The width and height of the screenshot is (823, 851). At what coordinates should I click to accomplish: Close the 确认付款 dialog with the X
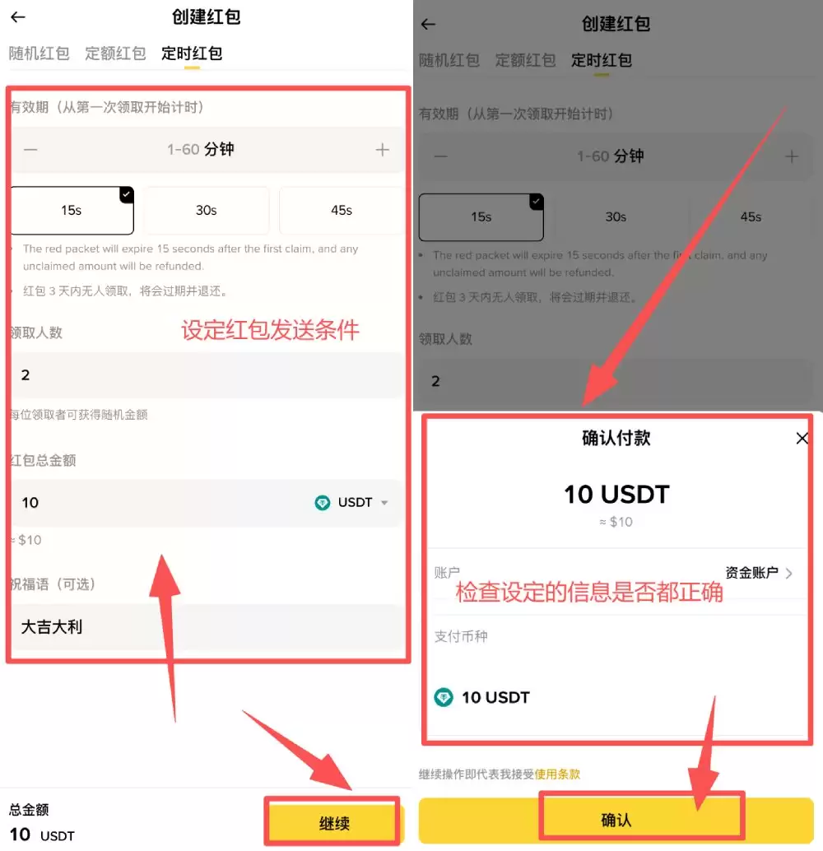[x=802, y=439]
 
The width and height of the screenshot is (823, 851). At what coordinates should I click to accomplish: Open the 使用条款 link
[x=557, y=774]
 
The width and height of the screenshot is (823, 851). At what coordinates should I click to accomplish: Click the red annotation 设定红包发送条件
[x=270, y=330]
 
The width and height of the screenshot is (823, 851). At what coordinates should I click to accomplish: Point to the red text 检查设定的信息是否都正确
[x=589, y=593]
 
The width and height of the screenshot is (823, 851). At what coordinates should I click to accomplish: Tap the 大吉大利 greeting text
[x=52, y=627]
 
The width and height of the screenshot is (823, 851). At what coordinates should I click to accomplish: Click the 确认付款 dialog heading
[x=616, y=438]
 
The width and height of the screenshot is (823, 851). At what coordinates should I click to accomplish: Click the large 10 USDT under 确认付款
[x=616, y=495]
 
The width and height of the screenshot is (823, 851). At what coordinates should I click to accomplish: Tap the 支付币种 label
[x=461, y=636]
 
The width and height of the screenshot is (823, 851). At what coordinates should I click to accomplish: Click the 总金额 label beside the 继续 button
[x=29, y=810]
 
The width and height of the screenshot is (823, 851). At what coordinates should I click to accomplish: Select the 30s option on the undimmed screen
[x=207, y=211]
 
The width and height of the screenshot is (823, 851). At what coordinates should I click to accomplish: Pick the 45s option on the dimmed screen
[x=751, y=217]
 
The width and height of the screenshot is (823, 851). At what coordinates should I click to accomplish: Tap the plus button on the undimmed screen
[x=382, y=150]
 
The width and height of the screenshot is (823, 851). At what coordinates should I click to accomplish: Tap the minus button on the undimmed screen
[x=30, y=150]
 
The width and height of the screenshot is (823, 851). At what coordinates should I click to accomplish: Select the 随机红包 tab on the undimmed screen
[x=39, y=53]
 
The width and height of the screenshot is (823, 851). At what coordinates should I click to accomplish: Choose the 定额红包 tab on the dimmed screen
[x=525, y=60]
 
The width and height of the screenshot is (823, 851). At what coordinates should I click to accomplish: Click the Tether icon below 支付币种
[x=444, y=697]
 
